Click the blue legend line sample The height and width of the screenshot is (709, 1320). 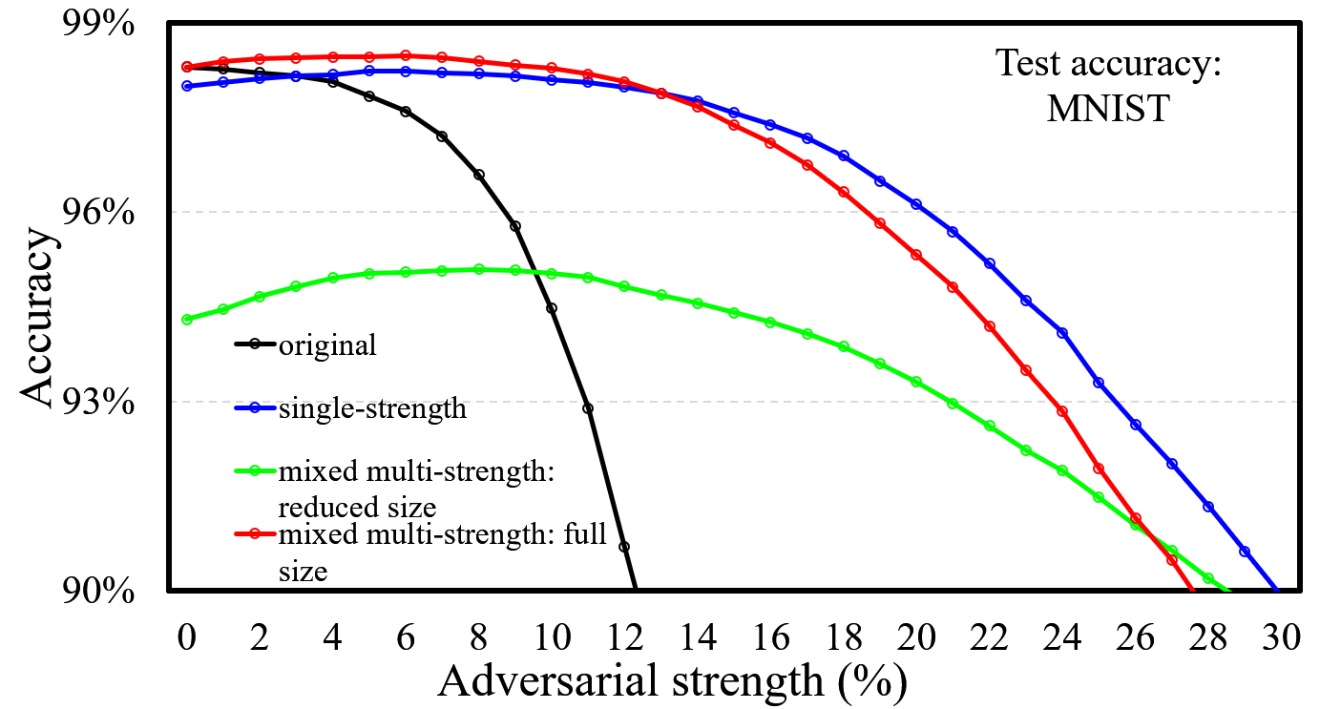click(255, 407)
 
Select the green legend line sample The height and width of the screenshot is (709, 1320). click(255, 470)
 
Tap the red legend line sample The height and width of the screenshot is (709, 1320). click(255, 533)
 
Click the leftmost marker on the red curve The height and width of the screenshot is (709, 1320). click(187, 67)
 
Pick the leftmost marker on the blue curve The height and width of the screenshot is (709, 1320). click(187, 86)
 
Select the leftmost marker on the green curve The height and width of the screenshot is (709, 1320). click(187, 320)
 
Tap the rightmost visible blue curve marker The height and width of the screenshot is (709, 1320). click(1245, 551)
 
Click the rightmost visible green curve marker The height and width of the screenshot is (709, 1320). click(1208, 578)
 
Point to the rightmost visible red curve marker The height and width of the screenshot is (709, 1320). click(1172, 560)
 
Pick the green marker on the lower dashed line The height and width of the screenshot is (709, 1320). click(953, 404)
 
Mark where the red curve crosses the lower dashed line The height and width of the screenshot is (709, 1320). click(1055, 402)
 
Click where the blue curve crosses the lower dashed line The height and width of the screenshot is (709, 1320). click(1115, 402)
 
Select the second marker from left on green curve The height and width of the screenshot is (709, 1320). click(223, 309)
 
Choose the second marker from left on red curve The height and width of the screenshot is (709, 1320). click(223, 62)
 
